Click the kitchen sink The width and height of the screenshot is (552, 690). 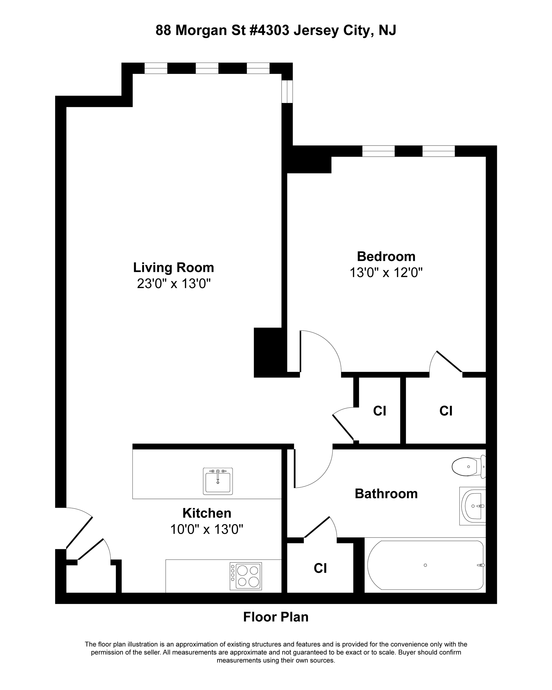218,481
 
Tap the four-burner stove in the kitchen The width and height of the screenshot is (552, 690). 245,576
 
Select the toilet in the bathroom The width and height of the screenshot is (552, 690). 468,467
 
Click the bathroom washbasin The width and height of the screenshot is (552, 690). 473,506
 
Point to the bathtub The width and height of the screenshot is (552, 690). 425,565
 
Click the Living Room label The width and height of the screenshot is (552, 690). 173,267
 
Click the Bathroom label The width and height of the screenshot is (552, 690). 386,494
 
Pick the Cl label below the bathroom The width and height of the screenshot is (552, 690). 320,568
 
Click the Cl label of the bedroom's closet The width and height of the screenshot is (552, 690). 446,411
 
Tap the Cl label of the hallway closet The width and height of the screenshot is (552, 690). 379,411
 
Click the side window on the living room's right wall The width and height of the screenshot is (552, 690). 287,92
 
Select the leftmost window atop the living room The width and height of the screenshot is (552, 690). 156,68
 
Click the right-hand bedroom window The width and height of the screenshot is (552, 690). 438,151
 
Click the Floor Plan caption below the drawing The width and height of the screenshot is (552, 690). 276,617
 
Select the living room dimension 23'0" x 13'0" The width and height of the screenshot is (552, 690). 173,284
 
